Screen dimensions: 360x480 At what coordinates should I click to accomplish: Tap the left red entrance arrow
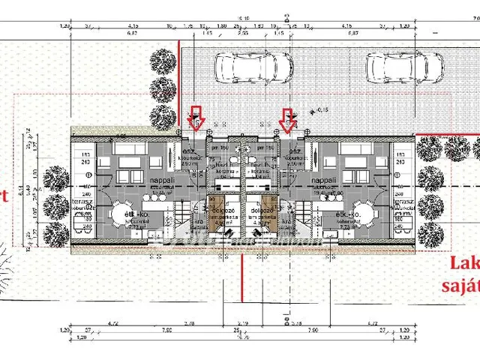pyautogui.click(x=196, y=118)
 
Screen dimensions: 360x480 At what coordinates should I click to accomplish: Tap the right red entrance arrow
pyautogui.click(x=286, y=118)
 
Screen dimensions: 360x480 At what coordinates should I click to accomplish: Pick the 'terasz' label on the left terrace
pyautogui.click(x=80, y=202)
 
